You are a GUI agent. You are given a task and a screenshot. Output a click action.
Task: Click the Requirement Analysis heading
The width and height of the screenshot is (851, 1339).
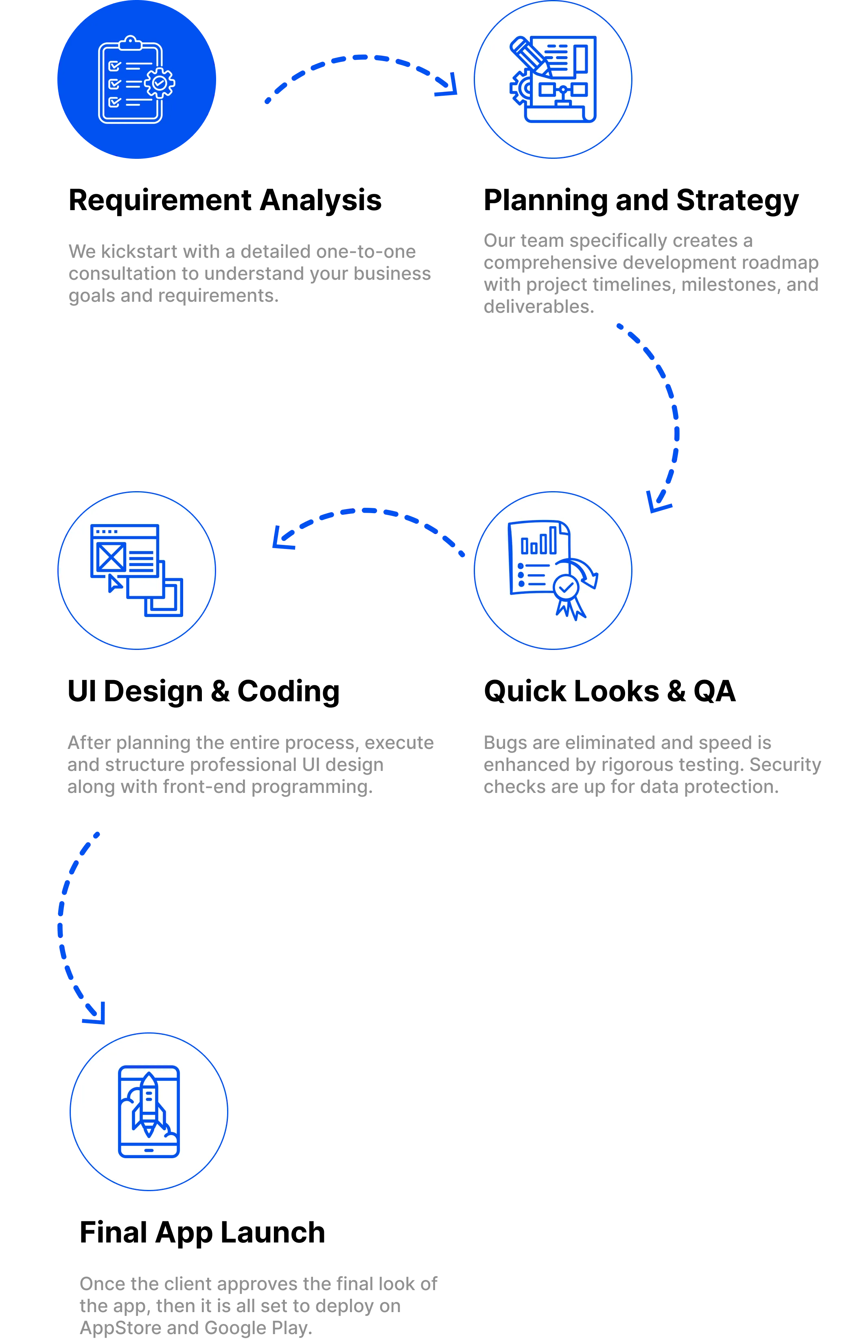point(225,200)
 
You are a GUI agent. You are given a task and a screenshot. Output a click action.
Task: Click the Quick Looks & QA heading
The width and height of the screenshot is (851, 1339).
point(610,691)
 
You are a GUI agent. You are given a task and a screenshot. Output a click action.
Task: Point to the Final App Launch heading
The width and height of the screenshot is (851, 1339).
point(202,1233)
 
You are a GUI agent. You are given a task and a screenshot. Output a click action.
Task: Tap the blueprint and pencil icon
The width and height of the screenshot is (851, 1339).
point(553,79)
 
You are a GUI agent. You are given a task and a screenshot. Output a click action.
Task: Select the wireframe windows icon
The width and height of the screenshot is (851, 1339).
point(137,571)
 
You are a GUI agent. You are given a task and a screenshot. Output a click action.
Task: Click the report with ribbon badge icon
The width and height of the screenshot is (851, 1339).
point(553,571)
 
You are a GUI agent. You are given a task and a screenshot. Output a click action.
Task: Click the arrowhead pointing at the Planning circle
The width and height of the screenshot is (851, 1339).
point(447,85)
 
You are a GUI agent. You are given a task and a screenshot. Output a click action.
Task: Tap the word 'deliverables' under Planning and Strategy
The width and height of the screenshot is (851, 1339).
point(536,306)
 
